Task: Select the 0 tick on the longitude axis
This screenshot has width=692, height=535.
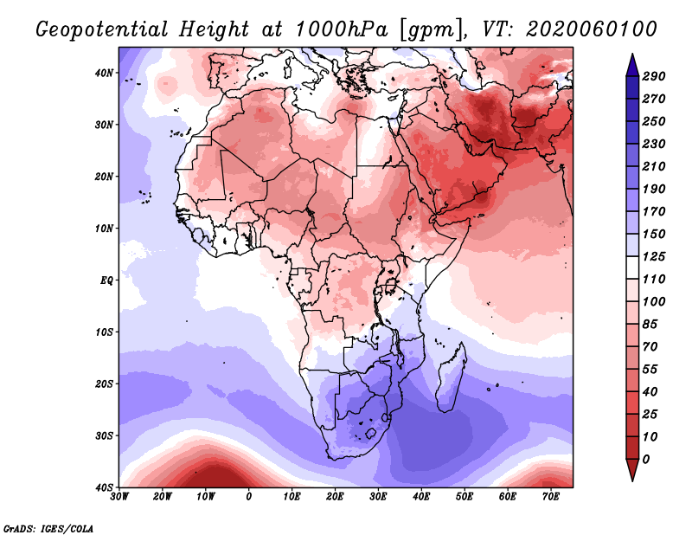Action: point(249,496)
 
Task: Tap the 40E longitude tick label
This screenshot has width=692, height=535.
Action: point(421,496)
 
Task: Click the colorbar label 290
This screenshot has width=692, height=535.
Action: point(653,76)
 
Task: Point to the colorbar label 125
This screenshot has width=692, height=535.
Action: point(653,257)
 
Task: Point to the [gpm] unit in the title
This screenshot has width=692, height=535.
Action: point(431,29)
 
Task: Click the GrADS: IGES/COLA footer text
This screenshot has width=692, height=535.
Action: point(48,527)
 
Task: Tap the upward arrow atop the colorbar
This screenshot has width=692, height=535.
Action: point(631,61)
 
